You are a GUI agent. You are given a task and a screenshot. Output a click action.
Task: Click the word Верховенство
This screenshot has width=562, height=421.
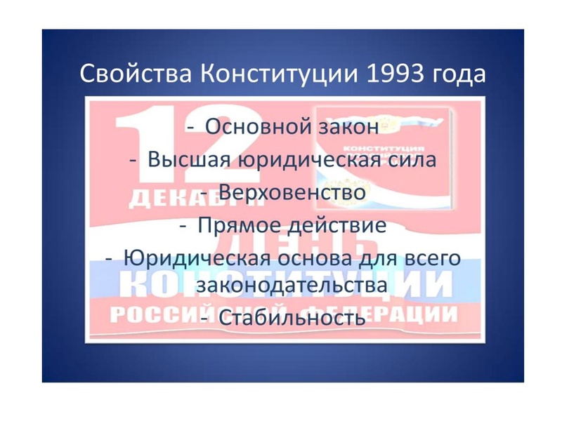pos(292,192)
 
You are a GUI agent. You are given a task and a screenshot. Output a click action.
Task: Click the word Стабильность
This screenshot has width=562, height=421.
pos(292,318)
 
